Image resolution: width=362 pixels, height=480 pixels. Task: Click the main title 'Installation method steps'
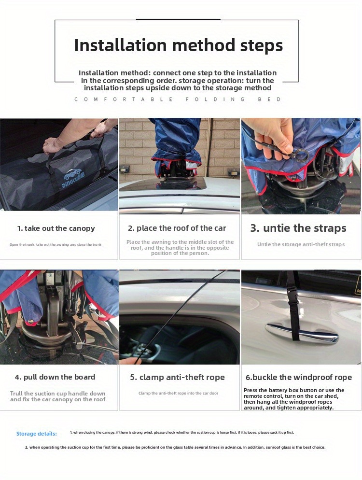click(179, 45)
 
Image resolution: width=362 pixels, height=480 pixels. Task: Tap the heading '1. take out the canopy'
click(56, 228)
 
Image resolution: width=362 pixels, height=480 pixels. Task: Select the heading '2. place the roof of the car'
click(177, 228)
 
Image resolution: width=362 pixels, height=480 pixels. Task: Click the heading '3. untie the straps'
click(298, 228)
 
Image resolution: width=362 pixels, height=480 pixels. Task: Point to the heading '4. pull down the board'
click(55, 377)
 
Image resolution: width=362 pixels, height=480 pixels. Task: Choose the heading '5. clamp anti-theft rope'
click(178, 377)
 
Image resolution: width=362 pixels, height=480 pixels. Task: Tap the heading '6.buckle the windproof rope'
click(299, 378)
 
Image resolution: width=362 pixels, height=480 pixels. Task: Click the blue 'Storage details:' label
click(36, 434)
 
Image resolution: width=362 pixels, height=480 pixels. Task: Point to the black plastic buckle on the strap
click(294, 301)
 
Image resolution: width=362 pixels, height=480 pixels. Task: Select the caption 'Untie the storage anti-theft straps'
click(301, 245)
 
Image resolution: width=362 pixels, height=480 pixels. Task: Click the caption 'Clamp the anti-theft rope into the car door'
click(179, 393)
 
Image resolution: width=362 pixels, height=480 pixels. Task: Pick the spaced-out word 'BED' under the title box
click(269, 99)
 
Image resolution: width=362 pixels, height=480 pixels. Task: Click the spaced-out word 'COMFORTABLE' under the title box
click(124, 99)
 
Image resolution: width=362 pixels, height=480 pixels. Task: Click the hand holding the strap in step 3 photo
click(273, 137)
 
